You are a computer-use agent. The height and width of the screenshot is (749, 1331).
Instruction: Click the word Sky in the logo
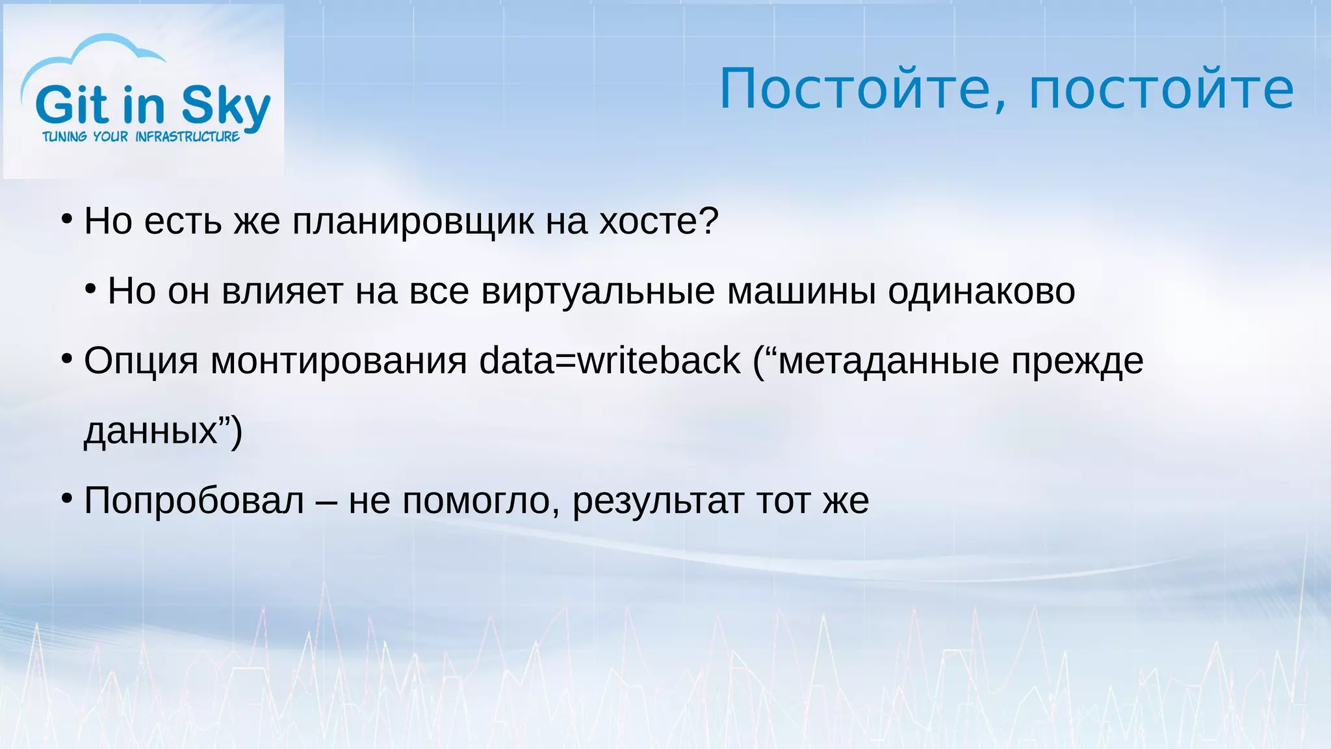pyautogui.click(x=225, y=106)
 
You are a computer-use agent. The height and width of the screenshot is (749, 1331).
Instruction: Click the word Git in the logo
pyautogui.click(x=71, y=106)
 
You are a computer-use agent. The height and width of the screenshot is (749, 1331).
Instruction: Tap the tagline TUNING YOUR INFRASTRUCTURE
pyautogui.click(x=141, y=137)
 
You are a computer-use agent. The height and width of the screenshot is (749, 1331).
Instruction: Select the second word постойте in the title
pyautogui.click(x=1161, y=89)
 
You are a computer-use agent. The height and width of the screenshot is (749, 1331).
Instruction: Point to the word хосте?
pyautogui.click(x=658, y=222)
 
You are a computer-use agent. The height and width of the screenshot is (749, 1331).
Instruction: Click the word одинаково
pyautogui.click(x=981, y=291)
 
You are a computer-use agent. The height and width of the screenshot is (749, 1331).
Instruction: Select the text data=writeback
pyautogui.click(x=610, y=361)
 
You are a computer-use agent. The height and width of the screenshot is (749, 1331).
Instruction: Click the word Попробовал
pyautogui.click(x=194, y=501)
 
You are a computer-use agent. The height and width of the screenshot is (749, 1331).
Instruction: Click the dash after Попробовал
pyautogui.click(x=326, y=501)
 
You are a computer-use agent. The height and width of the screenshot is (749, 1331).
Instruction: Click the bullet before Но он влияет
pyautogui.click(x=91, y=288)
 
